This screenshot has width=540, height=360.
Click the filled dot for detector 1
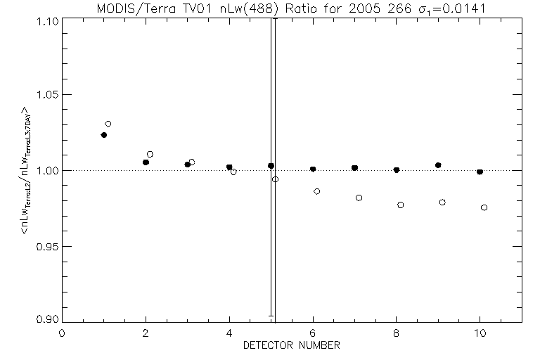104,134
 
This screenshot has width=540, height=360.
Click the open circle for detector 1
108,124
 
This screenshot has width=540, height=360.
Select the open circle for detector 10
484,207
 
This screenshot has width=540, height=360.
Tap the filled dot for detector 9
438,165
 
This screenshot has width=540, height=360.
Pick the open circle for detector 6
317,191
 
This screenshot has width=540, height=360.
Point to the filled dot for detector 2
146,162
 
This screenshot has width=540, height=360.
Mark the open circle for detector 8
400,205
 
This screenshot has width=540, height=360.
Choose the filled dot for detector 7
354,168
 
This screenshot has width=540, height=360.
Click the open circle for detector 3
191,162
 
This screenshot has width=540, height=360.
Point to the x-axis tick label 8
397,333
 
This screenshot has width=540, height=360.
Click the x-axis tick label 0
62,333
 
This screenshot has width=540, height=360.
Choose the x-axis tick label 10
480,333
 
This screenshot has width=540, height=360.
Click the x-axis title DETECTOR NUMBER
291,345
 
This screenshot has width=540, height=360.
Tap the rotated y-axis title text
27,170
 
